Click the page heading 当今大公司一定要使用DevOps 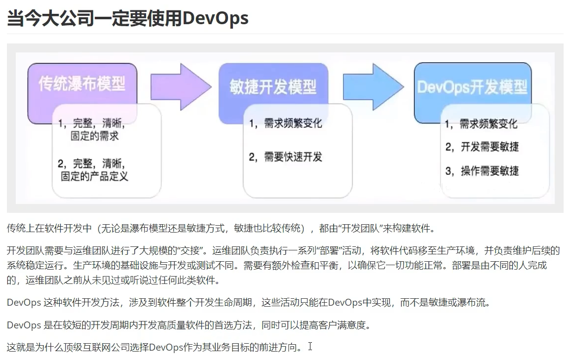[127, 18]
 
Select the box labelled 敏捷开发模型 [273, 87]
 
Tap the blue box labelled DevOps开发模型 [472, 87]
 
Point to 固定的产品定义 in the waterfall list [94, 176]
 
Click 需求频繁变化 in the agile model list [293, 123]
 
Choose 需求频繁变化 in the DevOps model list [488, 123]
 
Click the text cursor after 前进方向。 [310, 346]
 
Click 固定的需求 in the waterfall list [94, 136]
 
